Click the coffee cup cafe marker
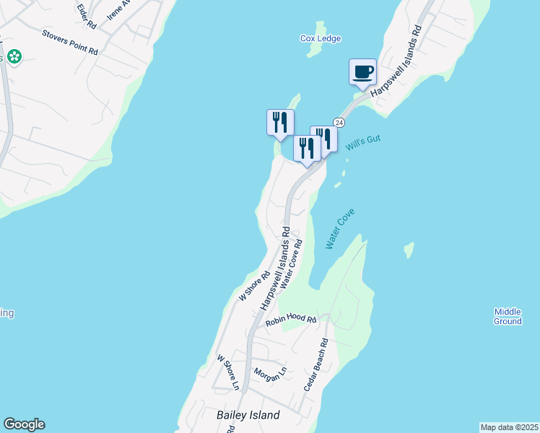362,72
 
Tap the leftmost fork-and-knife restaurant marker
280,123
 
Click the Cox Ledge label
321,38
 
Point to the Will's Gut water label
362,143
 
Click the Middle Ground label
508,316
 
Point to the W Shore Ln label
228,371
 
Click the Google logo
24,424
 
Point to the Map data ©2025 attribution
509,427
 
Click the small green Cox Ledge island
314,50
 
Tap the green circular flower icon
14,56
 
